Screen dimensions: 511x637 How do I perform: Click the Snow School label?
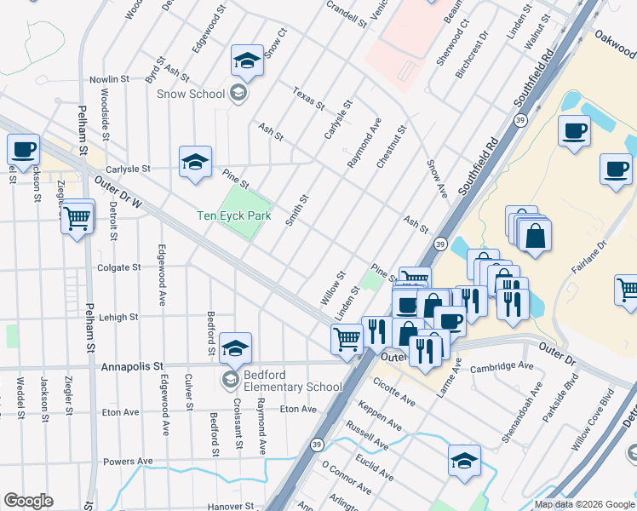click(190, 94)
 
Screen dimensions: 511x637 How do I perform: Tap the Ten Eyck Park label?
click(233, 216)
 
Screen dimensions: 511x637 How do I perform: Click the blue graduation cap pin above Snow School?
click(248, 60)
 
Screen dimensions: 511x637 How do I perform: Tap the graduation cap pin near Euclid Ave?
click(464, 461)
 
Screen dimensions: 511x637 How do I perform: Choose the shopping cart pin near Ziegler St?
click(77, 218)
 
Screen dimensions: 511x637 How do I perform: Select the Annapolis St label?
click(132, 367)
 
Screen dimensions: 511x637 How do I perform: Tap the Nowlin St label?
click(109, 80)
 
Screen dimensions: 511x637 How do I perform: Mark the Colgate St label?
click(119, 267)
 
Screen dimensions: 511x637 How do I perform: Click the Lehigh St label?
click(118, 317)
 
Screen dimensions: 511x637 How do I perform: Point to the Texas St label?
click(308, 99)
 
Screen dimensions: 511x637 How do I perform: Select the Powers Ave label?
click(127, 462)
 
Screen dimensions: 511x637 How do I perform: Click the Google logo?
click(30, 501)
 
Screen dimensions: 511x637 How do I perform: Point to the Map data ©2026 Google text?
click(583, 504)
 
